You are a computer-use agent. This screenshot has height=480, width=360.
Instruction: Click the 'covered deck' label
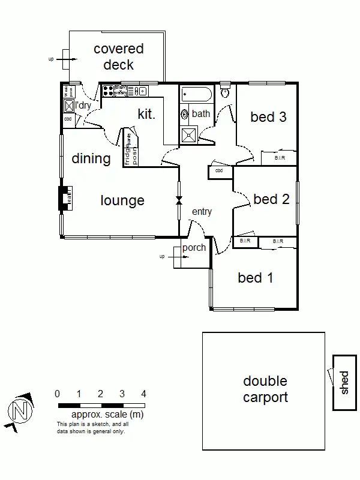pos(118,56)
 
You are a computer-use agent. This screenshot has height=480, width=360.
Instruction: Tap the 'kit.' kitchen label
pos(146,114)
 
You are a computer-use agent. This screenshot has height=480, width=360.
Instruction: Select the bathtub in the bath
pos(196,94)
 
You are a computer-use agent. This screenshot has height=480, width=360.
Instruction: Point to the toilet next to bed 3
pos(225,92)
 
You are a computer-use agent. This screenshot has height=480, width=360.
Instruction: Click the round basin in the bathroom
pos(185,114)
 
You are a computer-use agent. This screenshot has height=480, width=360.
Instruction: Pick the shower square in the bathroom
pos(188,135)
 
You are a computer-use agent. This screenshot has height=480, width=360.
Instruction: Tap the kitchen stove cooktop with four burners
pos(109,91)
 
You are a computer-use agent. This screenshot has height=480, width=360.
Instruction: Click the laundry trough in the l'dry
pos(69,106)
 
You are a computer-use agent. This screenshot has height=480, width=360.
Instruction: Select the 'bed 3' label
pos(268,117)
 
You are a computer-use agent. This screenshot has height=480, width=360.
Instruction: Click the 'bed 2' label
pos(271,199)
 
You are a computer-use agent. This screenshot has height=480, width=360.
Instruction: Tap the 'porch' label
pos(194,247)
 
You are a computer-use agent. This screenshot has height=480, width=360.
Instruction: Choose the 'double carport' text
pos(265,389)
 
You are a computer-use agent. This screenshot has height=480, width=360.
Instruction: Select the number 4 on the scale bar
pos(143,394)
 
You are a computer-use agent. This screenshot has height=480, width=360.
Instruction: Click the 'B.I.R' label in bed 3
pos(280,158)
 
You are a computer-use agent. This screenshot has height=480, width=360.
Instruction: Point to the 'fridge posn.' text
pos(131,148)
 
